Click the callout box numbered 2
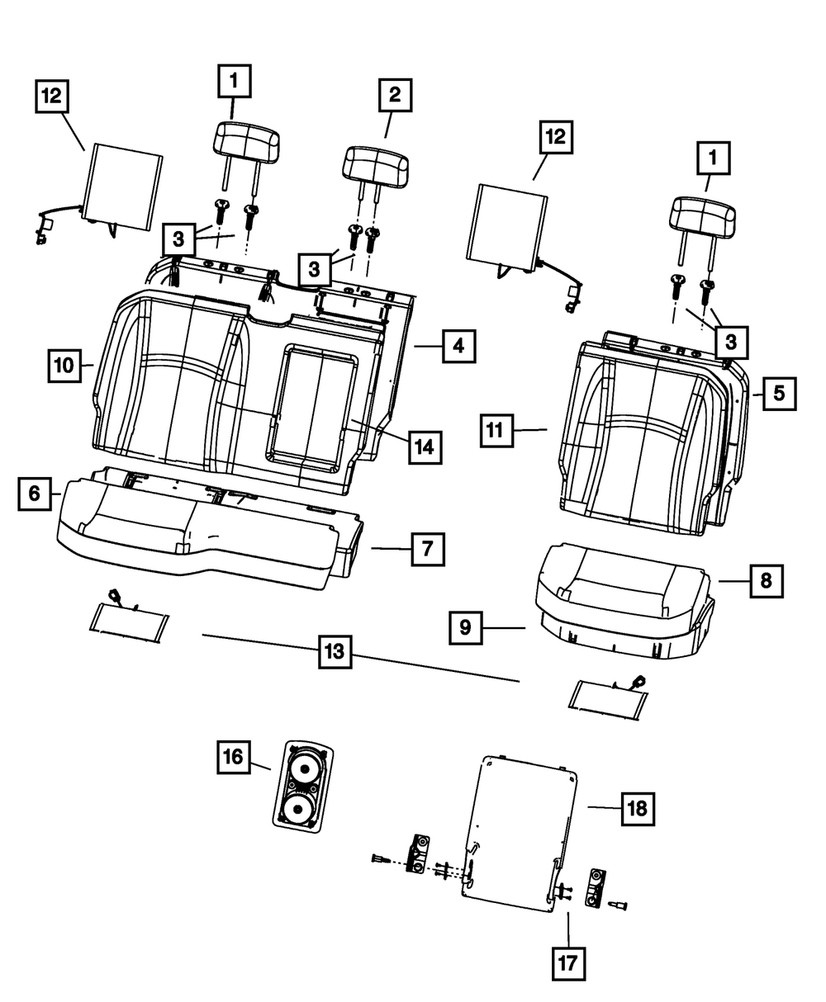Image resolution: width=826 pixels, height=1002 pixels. pyautogui.click(x=395, y=95)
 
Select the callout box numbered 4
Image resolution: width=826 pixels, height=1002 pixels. pyautogui.click(x=458, y=347)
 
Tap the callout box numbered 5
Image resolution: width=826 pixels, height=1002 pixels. pyautogui.click(x=779, y=394)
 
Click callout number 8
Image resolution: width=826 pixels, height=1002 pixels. pyautogui.click(x=767, y=581)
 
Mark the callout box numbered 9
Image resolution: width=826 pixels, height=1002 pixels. pyautogui.click(x=466, y=628)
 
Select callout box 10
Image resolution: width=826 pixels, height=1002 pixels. pyautogui.click(x=65, y=364)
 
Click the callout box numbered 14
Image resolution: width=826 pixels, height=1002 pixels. pyautogui.click(x=424, y=447)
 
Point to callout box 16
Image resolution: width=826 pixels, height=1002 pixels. pyautogui.click(x=234, y=757)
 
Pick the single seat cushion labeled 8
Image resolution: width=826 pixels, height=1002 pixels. pyautogui.click(x=619, y=590)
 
